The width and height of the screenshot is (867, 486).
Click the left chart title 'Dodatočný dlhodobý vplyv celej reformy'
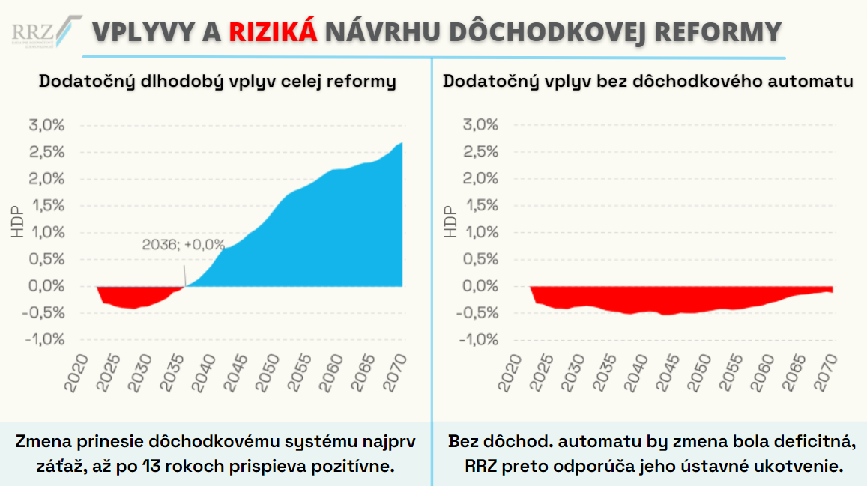pyautogui.click(x=217, y=81)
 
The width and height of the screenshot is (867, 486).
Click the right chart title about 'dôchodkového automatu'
pyautogui.click(x=648, y=81)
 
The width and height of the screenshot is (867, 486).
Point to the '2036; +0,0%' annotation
pyautogui.click(x=184, y=244)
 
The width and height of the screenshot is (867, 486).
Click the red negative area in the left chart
pyautogui.click(x=127, y=297)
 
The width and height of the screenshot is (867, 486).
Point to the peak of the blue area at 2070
pyautogui.click(x=402, y=144)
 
